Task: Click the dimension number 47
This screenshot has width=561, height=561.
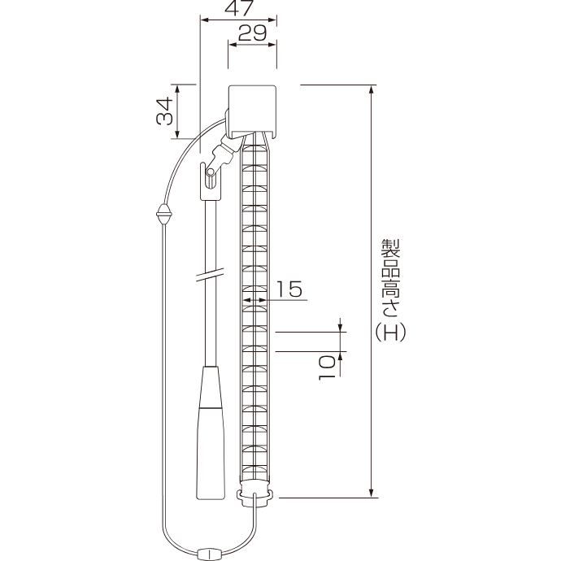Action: [239, 8]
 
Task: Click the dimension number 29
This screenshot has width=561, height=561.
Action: [252, 33]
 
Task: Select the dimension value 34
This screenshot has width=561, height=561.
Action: [165, 111]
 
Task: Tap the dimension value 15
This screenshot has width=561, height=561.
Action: [289, 289]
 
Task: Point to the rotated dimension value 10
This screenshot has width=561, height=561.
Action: [327, 367]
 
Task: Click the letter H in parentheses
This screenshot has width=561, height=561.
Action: [390, 333]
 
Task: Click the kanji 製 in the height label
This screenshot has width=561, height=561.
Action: [390, 248]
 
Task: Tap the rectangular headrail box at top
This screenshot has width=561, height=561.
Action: [253, 111]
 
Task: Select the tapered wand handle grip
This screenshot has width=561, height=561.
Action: [211, 433]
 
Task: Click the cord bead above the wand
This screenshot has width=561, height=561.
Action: [164, 215]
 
